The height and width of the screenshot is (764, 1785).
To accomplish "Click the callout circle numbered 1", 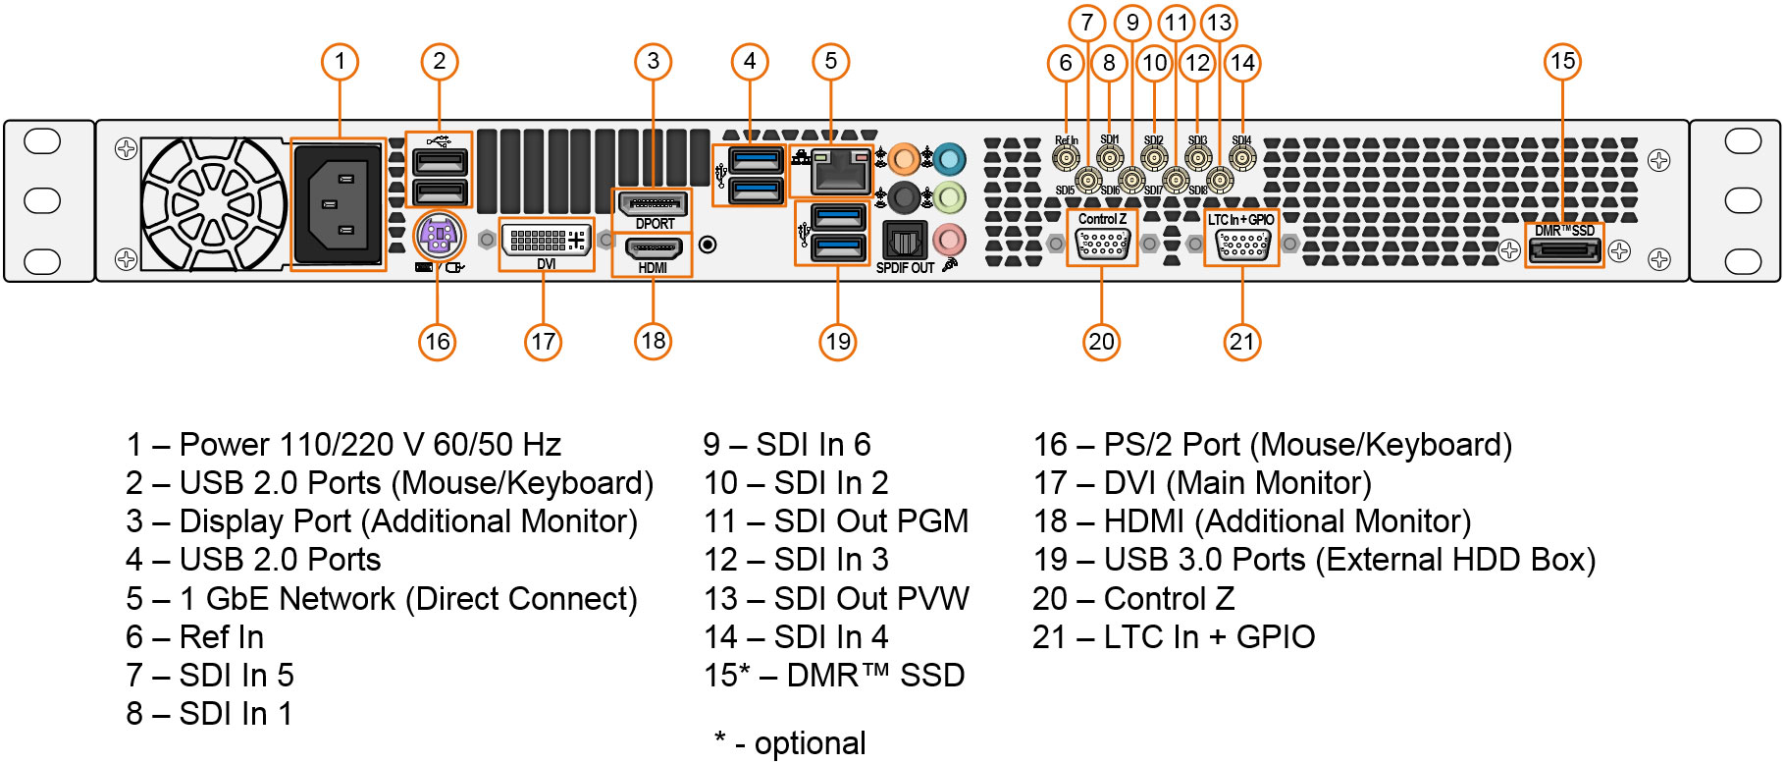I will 340,62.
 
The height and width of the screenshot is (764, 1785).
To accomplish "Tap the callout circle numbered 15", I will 1562,62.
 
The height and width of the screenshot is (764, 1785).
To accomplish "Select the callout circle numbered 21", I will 1241,342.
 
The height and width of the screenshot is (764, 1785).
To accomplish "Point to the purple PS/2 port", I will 438,236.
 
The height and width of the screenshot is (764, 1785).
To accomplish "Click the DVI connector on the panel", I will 547,240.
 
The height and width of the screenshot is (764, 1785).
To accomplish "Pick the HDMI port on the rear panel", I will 653,249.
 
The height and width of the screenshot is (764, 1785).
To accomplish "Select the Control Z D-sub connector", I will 1102,244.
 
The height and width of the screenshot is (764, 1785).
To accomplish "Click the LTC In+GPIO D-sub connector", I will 1241,244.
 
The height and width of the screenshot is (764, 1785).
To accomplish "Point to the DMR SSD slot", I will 1564,251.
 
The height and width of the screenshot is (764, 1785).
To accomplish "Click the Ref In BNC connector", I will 1066,157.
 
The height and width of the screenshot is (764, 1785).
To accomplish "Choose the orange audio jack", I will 904,158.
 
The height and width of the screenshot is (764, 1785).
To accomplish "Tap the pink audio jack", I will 949,239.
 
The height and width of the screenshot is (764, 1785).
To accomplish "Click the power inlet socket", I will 339,203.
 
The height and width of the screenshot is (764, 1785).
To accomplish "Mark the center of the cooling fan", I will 213,203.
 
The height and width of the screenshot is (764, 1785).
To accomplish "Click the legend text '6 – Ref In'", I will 194,637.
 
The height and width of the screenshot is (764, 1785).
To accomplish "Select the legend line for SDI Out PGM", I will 836,521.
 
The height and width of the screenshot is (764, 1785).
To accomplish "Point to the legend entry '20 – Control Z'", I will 1133,598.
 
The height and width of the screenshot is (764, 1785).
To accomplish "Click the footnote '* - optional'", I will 790,743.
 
